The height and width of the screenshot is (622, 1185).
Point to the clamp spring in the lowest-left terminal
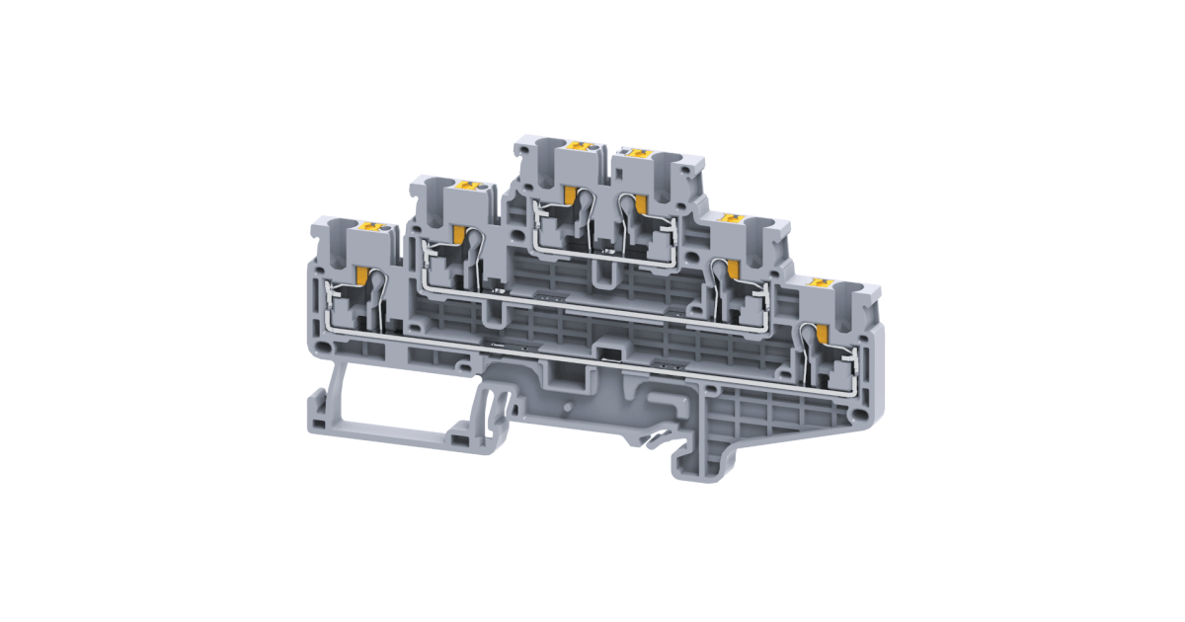tap(378, 301)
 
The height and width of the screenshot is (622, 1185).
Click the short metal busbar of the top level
tap(602, 255)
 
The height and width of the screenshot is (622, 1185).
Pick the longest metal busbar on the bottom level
tap(592, 350)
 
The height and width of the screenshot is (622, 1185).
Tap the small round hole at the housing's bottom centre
tap(567, 405)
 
